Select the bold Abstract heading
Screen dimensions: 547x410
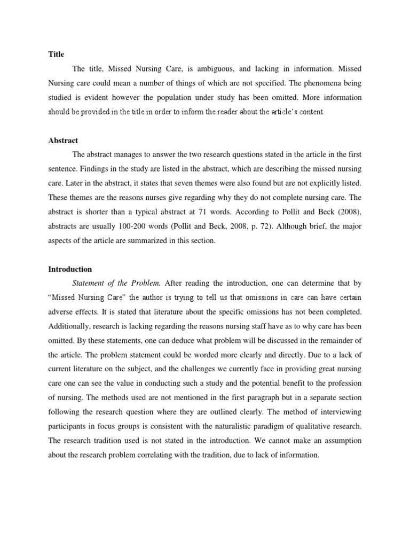[x=63, y=140]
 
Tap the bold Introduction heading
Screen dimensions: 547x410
[x=70, y=269]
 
